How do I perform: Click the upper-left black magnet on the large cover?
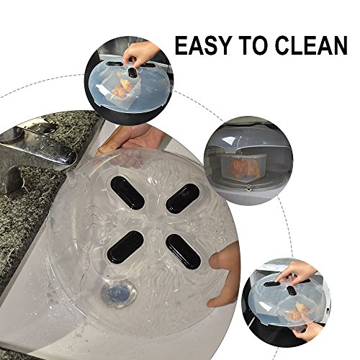click(127, 193)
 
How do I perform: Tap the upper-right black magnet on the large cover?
click(183, 198)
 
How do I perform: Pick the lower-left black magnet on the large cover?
click(125, 246)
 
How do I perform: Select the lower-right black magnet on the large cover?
click(183, 252)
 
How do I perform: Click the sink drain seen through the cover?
click(119, 294)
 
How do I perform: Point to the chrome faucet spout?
click(36, 149)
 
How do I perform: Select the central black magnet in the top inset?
click(132, 73)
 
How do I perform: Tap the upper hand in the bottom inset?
click(297, 272)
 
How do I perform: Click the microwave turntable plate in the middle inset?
click(243, 186)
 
